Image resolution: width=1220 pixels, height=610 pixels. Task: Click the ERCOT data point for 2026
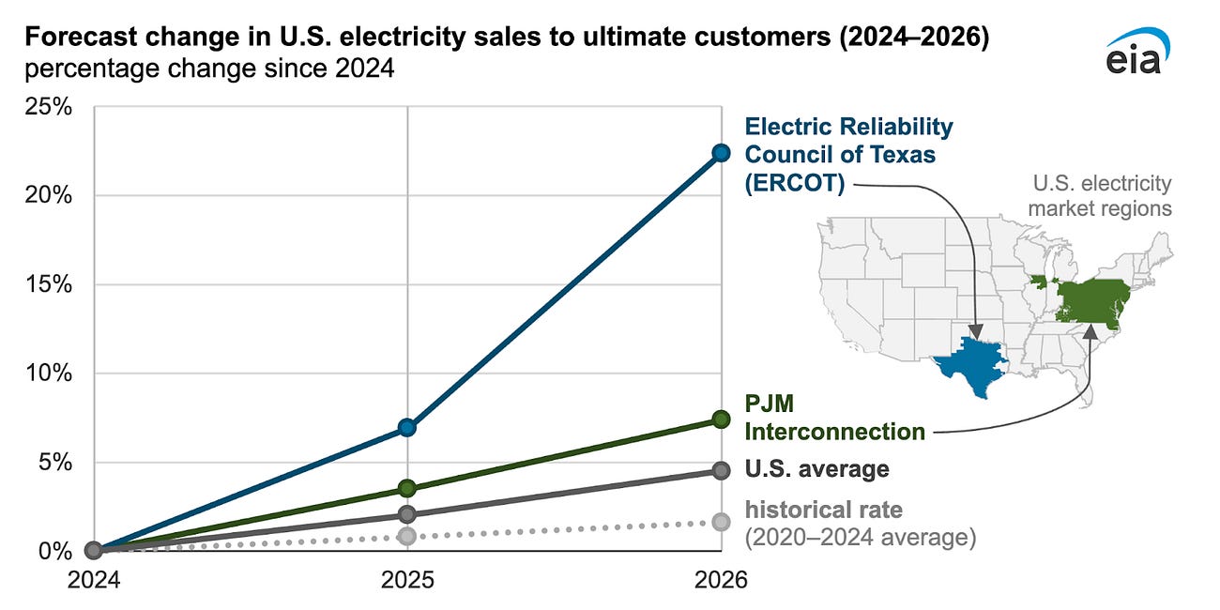[720, 153]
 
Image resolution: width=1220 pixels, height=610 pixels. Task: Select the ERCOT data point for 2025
[406, 427]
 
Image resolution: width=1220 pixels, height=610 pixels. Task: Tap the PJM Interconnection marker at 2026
[720, 419]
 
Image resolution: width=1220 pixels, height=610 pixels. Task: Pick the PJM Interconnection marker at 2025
[406, 488]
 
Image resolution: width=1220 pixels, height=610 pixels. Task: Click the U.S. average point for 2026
[720, 471]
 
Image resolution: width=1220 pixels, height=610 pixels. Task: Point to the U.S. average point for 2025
[406, 514]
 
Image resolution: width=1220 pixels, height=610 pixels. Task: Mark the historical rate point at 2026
[720, 522]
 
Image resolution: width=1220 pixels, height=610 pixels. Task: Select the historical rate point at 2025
[406, 536]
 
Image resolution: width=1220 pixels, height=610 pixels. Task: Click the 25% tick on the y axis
[47, 107]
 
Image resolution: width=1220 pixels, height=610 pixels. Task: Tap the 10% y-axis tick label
[47, 374]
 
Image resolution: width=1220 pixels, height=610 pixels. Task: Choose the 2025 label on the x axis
[406, 581]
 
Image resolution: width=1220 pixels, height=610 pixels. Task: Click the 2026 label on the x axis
[720, 581]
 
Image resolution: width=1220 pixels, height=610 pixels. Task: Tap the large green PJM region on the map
[1093, 300]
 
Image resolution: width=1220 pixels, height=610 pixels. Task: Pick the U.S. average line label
[816, 468]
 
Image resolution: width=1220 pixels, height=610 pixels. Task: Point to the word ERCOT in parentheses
[795, 183]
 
